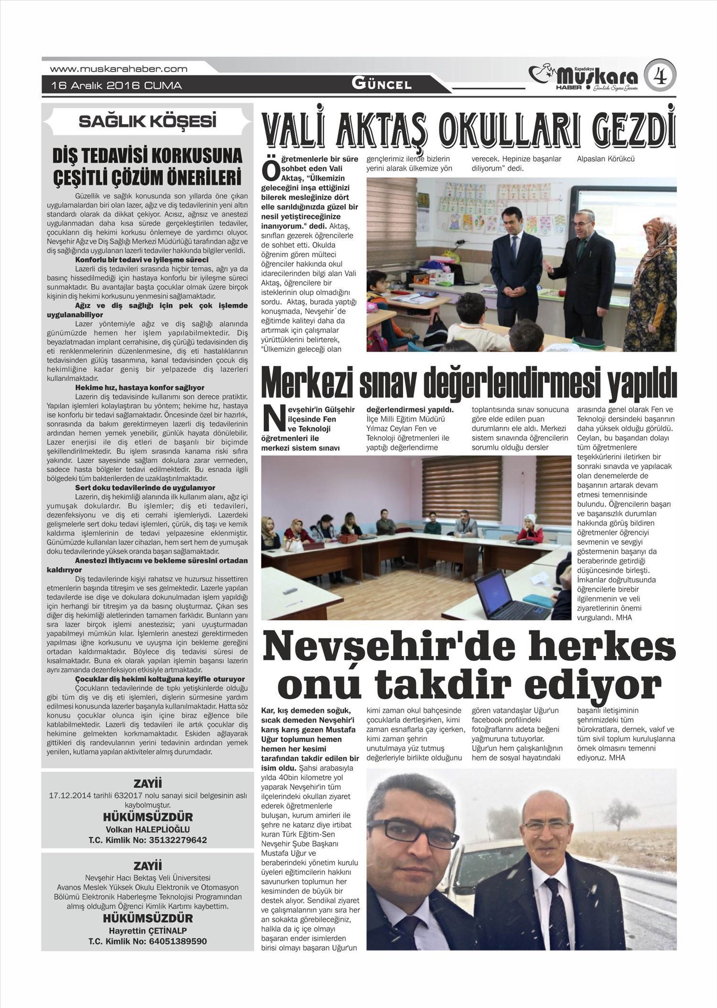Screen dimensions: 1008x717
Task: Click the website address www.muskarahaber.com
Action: [x=118, y=69]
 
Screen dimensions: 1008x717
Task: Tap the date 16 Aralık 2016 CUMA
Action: [x=117, y=86]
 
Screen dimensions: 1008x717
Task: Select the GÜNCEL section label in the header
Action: [x=381, y=84]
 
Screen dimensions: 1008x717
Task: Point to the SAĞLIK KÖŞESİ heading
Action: [x=147, y=121]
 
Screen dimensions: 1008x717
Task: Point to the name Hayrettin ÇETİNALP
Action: [x=147, y=931]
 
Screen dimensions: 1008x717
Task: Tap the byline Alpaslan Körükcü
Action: [x=606, y=159]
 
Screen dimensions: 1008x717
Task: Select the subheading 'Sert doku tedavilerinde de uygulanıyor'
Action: [x=145, y=488]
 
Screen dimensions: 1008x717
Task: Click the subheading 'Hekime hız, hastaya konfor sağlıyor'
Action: [x=140, y=387]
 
